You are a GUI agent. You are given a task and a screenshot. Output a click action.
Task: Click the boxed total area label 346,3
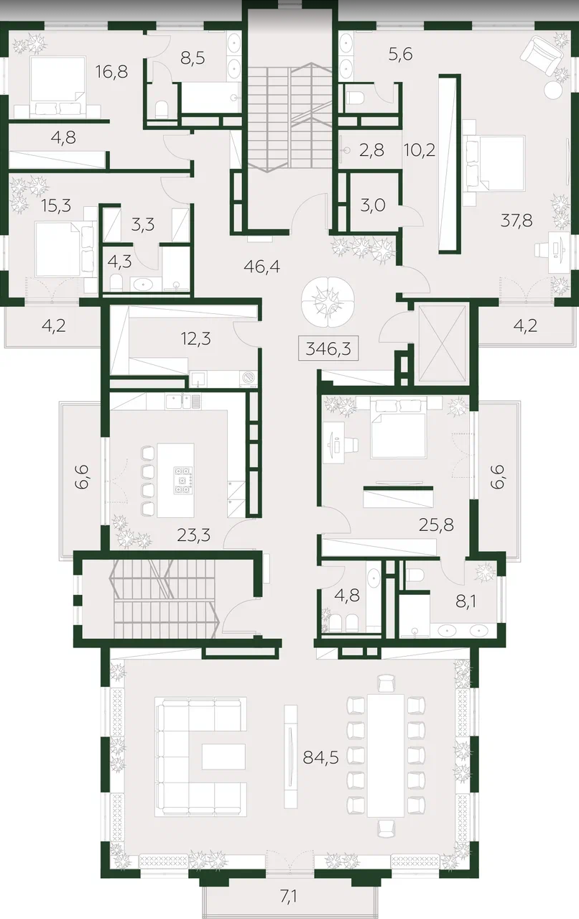[x=328, y=349]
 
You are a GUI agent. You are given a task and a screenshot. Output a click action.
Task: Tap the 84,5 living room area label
[x=320, y=757]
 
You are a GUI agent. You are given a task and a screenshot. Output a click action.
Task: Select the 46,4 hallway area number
[x=261, y=267]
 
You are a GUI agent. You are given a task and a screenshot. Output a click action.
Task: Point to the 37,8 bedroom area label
[x=517, y=221]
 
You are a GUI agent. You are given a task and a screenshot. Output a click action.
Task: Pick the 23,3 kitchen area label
[x=193, y=535]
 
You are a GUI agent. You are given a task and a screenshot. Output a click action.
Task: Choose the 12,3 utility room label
[x=195, y=339]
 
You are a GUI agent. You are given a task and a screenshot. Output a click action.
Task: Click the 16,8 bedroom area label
[x=111, y=72]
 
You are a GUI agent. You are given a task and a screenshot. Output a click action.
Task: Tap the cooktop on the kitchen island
[x=183, y=479]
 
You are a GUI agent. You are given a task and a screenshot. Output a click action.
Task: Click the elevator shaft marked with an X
[x=444, y=344]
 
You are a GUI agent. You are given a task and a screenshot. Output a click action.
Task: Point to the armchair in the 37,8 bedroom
[x=540, y=55]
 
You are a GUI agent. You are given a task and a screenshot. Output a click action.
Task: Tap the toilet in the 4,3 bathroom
[x=117, y=283]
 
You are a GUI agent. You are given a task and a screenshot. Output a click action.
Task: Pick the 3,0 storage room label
[x=372, y=205]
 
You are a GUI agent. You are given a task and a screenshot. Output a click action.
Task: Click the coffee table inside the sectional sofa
[x=223, y=757]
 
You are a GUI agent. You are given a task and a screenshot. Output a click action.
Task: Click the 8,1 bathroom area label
[x=465, y=603]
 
